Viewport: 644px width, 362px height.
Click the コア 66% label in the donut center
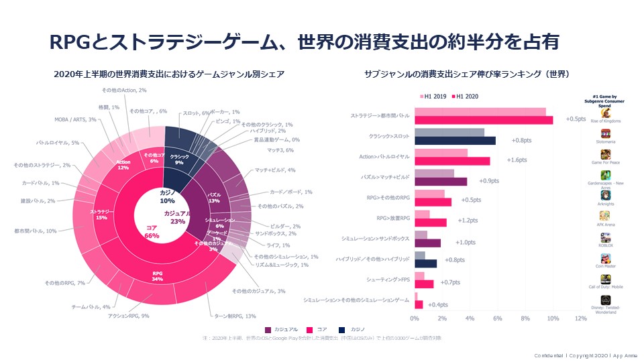click(152, 232)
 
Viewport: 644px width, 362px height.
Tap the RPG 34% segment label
click(158, 276)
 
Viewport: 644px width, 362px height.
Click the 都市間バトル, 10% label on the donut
click(36, 231)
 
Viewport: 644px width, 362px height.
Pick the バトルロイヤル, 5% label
click(57, 142)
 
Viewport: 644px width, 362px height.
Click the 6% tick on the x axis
click(498, 318)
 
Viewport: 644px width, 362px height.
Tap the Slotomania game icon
click(606, 134)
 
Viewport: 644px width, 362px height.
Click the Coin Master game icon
click(606, 259)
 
